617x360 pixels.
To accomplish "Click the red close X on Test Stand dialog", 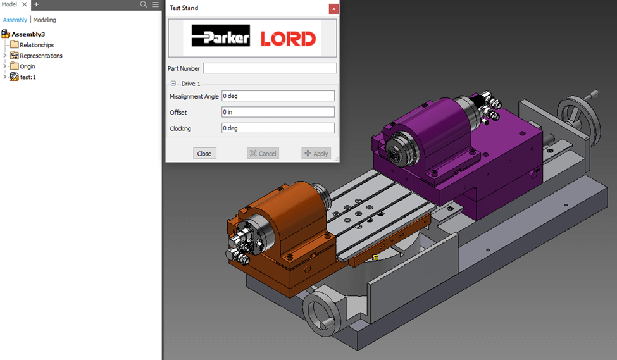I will point(333,8).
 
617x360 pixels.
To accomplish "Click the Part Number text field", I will point(270,68).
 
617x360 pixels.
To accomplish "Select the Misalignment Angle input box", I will point(278,96).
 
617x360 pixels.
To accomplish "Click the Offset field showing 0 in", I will point(278,112).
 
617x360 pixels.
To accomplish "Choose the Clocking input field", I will point(278,128).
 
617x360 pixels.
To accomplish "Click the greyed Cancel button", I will point(263,153).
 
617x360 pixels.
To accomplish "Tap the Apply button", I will point(316,153).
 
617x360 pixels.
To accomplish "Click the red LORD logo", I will point(288,39).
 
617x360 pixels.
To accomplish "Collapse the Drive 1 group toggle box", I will point(173,84).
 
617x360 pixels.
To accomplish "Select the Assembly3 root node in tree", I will point(28,34).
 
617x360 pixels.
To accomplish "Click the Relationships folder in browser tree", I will point(36,45).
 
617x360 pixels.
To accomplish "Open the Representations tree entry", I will point(41,56).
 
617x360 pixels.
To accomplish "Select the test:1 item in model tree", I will point(28,77).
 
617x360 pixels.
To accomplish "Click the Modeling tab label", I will point(44,20).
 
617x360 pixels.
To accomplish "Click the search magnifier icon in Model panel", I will point(144,4).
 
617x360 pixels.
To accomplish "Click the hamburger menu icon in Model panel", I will point(155,4).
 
